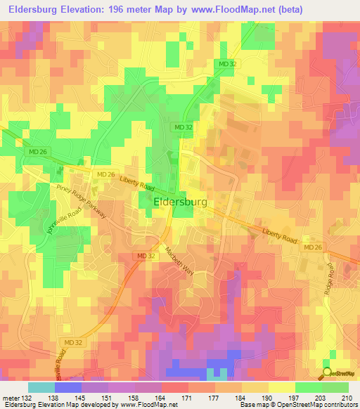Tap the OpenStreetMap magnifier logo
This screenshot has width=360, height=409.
click(327, 372)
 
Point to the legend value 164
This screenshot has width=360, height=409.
click(161, 398)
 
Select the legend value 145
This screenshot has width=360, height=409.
click(81, 398)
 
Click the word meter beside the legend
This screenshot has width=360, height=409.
click(11, 398)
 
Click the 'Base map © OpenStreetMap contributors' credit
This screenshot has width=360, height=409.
click(297, 405)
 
